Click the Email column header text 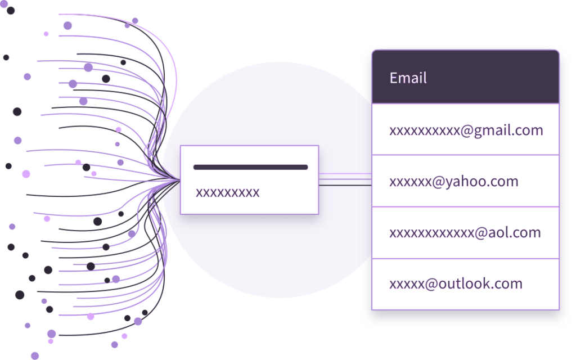[x=408, y=78]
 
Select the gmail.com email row [x=466, y=130]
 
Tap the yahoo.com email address [x=453, y=182]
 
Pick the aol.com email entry [x=465, y=232]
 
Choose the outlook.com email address [x=456, y=283]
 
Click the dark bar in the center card [x=250, y=167]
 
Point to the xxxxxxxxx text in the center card [x=227, y=192]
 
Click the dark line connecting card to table [x=345, y=184]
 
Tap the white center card [x=249, y=180]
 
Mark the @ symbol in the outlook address [x=430, y=283]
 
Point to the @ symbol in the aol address [x=480, y=232]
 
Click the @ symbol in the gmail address [x=466, y=130]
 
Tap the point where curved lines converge [x=175, y=180]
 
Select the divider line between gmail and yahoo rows [x=465, y=155]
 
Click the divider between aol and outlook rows [x=465, y=258]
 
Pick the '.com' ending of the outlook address [x=506, y=283]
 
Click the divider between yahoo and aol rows [x=465, y=206]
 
